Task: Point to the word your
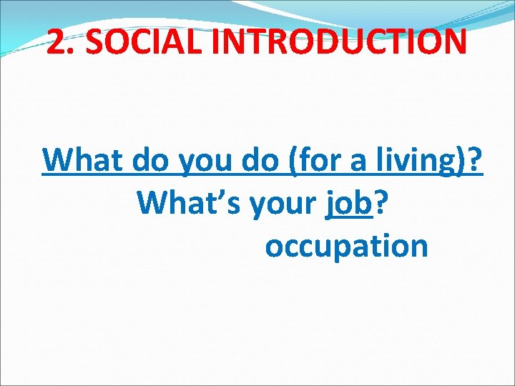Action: [283, 206]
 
